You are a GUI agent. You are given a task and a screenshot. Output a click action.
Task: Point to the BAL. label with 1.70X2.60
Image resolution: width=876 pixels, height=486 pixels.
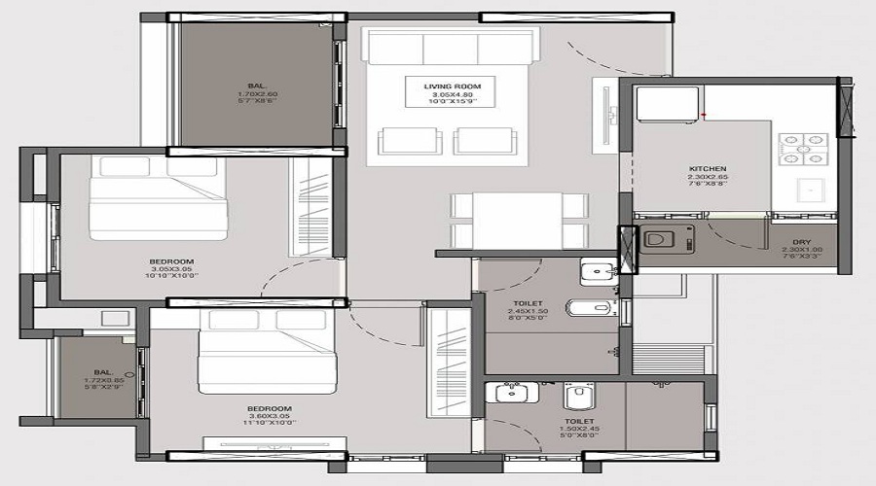[256, 86]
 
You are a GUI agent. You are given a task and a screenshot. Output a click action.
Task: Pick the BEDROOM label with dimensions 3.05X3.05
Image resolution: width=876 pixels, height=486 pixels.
[171, 261]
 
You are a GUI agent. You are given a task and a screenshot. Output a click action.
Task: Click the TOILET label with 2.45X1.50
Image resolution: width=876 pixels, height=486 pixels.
[527, 303]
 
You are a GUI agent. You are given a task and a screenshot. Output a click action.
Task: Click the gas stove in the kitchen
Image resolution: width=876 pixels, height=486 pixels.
[802, 147]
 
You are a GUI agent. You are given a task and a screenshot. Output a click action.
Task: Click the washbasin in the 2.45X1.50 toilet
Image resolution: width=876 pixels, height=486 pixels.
[593, 272]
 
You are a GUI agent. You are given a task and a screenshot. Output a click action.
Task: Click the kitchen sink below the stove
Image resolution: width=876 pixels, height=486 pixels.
[808, 189]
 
